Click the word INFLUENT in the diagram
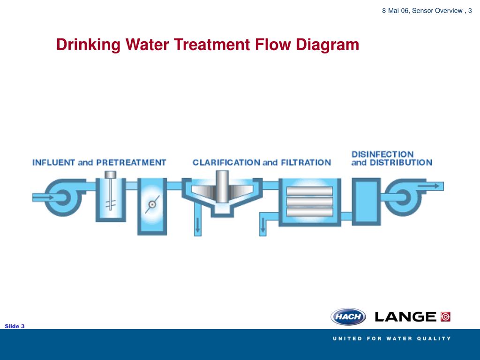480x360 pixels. (53, 163)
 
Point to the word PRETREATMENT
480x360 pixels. (131, 163)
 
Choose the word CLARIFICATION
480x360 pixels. (226, 163)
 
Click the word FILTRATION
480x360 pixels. (306, 163)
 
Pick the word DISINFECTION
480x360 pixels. (382, 154)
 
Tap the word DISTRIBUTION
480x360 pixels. (401, 163)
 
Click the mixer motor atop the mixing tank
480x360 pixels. (110, 175)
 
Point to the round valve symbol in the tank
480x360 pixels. (151, 204)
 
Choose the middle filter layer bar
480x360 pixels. (309, 202)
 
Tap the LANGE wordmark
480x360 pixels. (406, 317)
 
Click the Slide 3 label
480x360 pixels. (15, 326)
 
